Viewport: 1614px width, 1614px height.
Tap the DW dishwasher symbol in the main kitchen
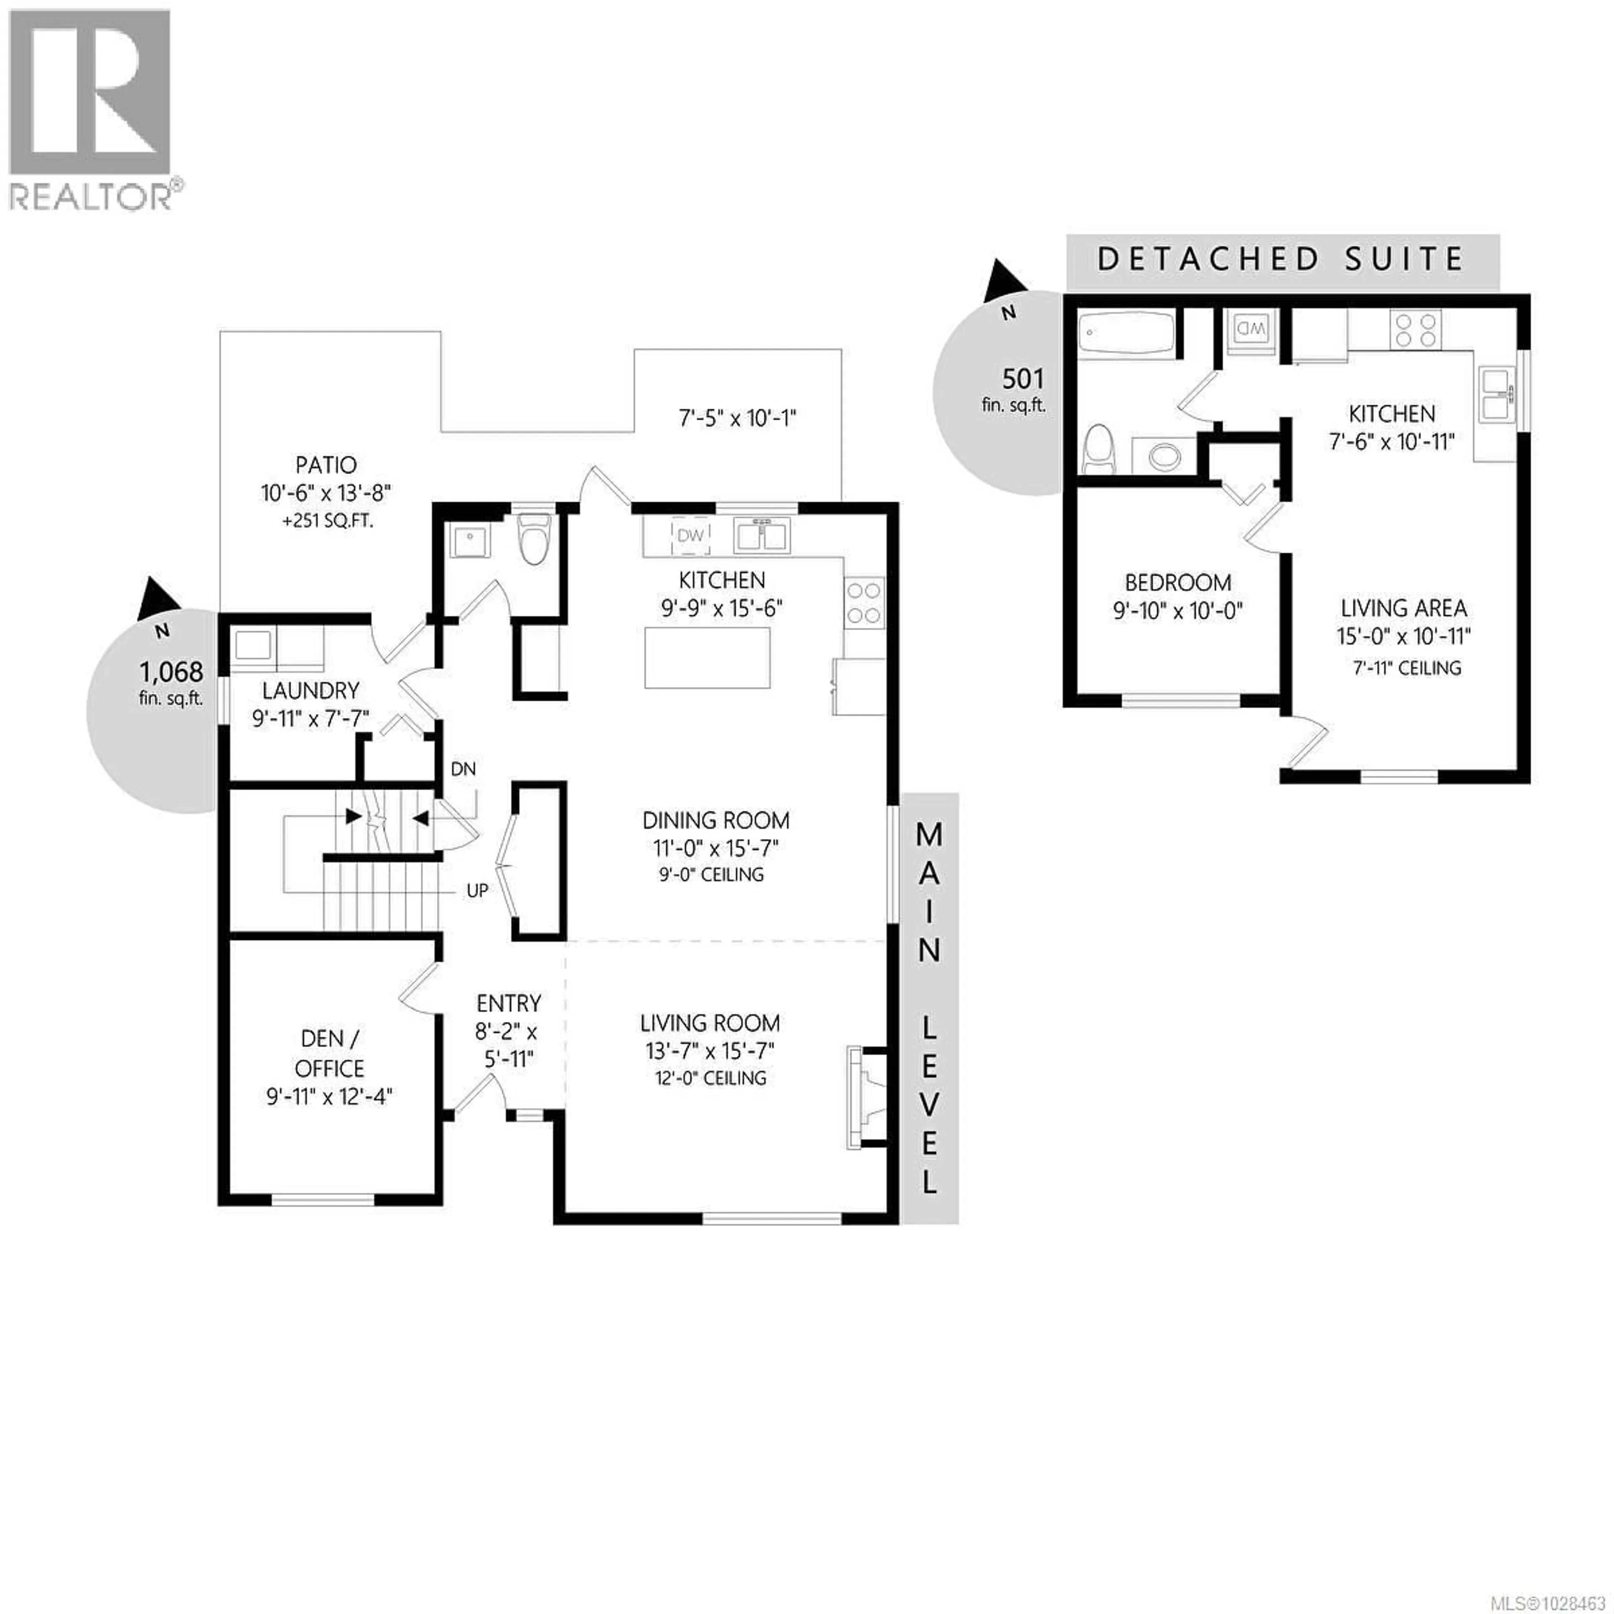coord(690,535)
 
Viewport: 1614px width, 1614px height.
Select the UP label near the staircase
coord(477,891)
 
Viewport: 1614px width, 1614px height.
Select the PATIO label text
coord(326,465)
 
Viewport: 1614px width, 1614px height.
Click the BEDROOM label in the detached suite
coord(1177,582)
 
